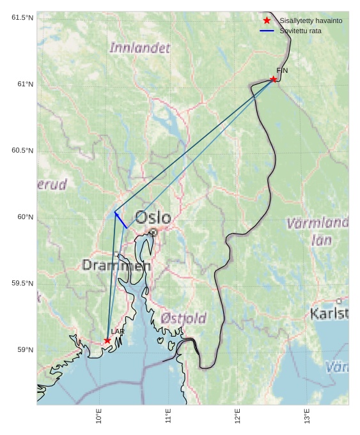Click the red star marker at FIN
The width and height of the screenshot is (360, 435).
coord(273,79)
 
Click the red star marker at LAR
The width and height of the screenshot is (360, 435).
coord(107,340)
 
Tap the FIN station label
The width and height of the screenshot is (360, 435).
coord(282,70)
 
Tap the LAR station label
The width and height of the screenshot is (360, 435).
coord(118,332)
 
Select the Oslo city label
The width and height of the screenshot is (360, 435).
coord(153,218)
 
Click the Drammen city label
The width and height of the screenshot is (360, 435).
coord(116,265)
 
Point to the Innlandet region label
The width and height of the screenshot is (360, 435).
coord(140,48)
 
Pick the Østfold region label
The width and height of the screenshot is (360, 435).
coord(184,318)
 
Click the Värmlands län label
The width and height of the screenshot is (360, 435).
coord(318,231)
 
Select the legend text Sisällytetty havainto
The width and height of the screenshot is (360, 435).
coord(311,20)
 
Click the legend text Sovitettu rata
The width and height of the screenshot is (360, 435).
coord(301,31)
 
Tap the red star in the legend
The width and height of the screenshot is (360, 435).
coord(267,20)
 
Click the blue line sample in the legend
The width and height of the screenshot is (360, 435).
coord(267,31)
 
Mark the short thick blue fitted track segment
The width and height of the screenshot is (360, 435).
coord(121,220)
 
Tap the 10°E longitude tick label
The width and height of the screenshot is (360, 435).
coord(99,416)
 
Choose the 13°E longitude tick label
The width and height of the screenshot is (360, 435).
coord(307,416)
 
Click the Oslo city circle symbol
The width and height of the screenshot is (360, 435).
coord(153,233)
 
